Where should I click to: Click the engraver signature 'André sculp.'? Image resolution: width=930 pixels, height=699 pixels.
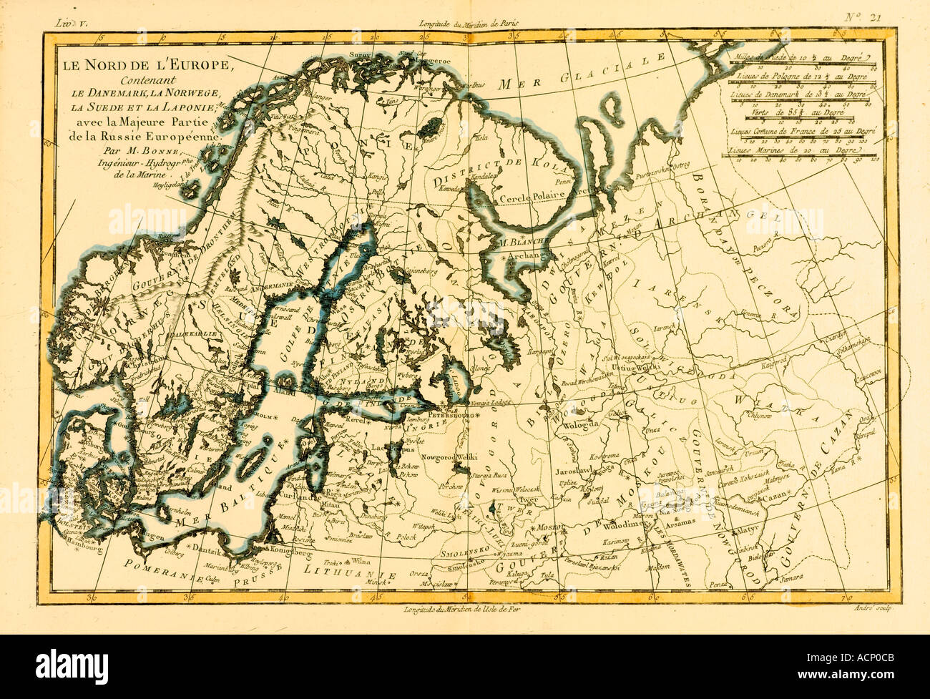tap(871, 609)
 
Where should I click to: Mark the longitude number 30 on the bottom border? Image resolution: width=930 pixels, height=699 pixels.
tap(91, 595)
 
